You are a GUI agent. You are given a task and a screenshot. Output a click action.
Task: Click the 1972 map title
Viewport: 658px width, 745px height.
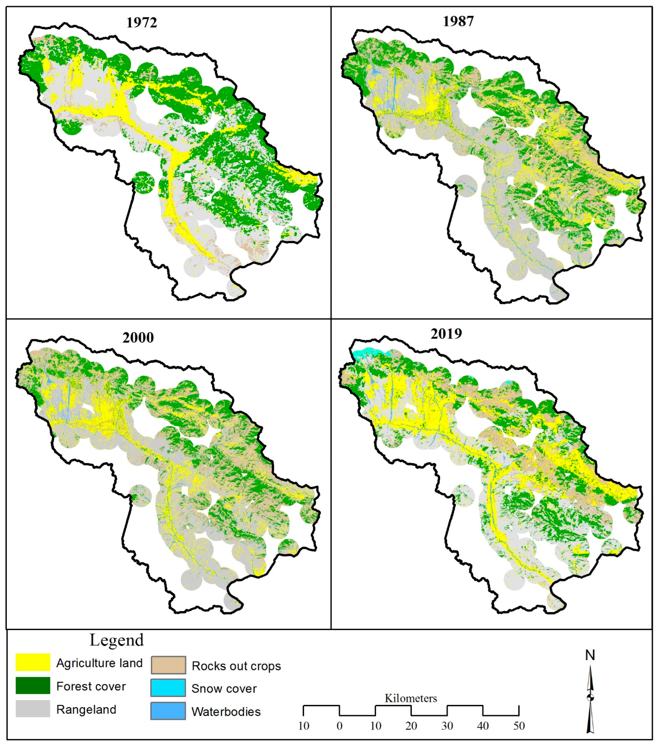(x=141, y=23)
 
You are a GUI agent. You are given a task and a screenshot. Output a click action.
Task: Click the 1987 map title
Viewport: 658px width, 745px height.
(x=458, y=21)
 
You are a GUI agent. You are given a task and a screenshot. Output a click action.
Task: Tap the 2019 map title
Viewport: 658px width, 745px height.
(x=446, y=334)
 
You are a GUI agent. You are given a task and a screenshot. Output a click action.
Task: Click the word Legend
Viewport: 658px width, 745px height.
(x=117, y=640)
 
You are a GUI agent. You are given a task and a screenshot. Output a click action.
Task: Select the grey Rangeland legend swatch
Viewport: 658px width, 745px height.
(x=33, y=709)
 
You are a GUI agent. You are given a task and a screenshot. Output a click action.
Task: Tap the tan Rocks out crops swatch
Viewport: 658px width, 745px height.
(x=168, y=665)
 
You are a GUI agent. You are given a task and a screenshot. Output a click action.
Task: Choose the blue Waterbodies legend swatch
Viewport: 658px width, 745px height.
(x=168, y=711)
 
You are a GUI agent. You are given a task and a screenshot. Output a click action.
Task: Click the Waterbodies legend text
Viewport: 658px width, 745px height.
(x=226, y=712)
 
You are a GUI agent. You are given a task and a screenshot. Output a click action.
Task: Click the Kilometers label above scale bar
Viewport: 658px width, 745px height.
(x=411, y=698)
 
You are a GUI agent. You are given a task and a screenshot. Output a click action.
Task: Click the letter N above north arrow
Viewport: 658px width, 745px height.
(x=590, y=655)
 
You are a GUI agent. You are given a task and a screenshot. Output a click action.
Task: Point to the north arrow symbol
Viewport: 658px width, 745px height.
(x=590, y=698)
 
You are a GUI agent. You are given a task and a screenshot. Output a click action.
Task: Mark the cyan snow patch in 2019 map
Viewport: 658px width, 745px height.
(x=364, y=352)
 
